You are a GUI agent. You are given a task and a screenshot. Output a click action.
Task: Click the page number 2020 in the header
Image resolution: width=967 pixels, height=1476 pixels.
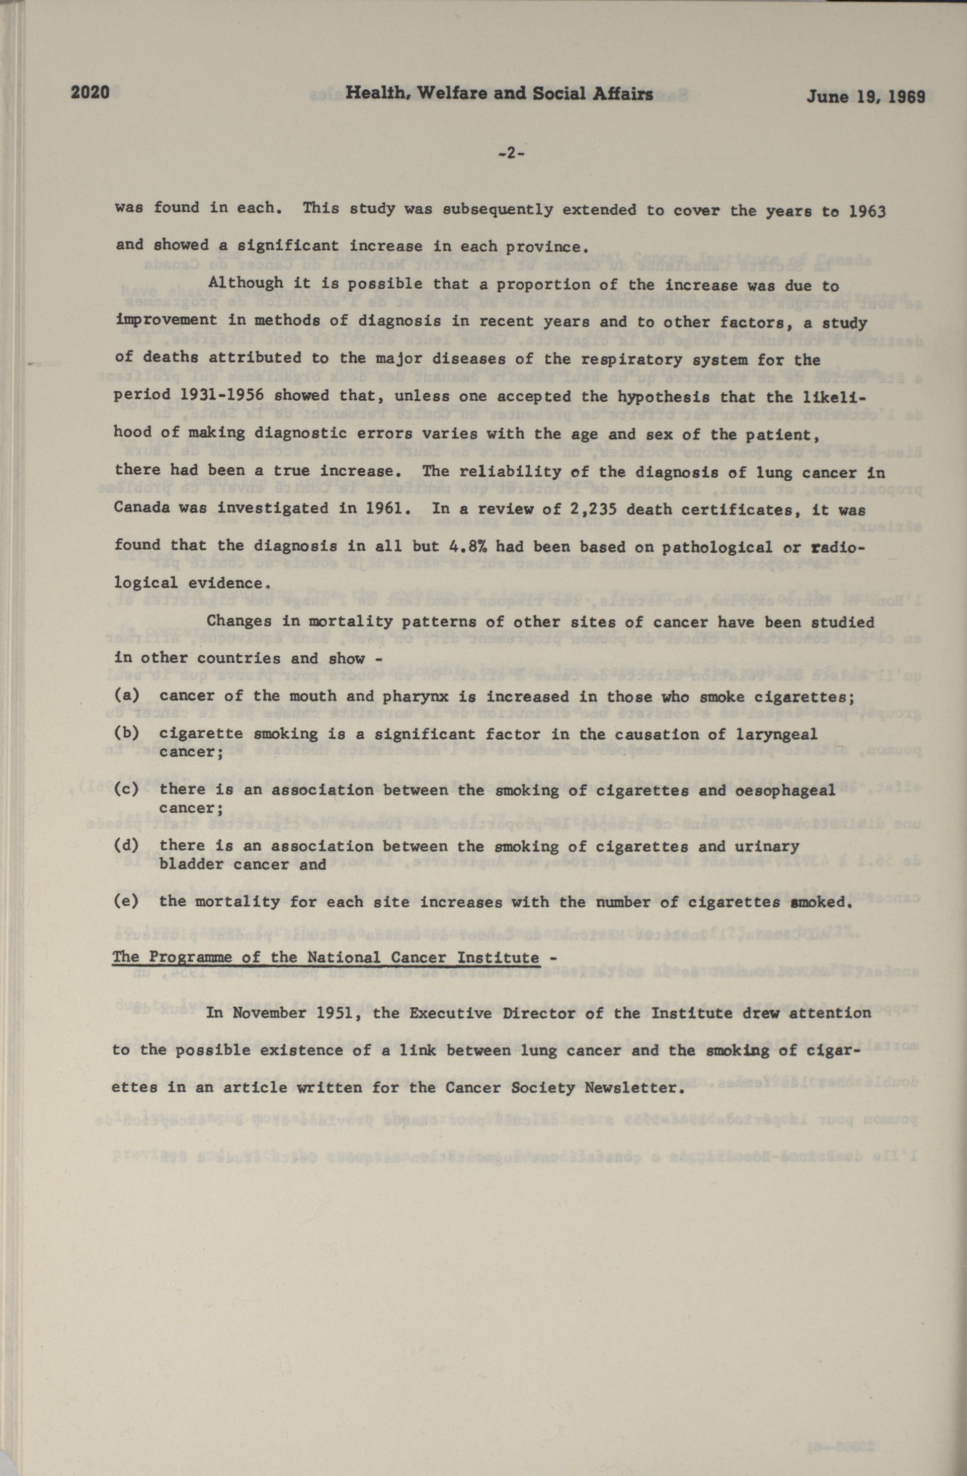pyautogui.click(x=90, y=93)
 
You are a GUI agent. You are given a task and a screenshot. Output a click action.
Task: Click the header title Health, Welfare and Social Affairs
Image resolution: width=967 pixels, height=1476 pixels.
pyautogui.click(x=499, y=94)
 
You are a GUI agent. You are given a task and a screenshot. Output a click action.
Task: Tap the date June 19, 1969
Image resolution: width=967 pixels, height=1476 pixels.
pyautogui.click(x=865, y=97)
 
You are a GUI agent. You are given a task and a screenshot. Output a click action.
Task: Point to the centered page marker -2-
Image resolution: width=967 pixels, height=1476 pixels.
pyautogui.click(x=511, y=154)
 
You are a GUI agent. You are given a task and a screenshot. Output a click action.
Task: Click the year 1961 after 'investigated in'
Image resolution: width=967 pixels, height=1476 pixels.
pyautogui.click(x=385, y=508)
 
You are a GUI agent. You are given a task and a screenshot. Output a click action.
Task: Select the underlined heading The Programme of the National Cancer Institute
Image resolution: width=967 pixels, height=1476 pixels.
pyautogui.click(x=326, y=957)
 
